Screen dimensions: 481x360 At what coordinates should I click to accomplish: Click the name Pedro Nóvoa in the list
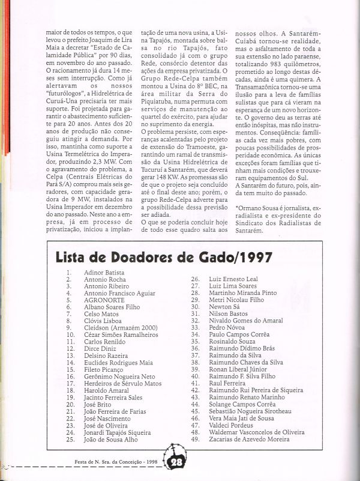pos(226,327)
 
